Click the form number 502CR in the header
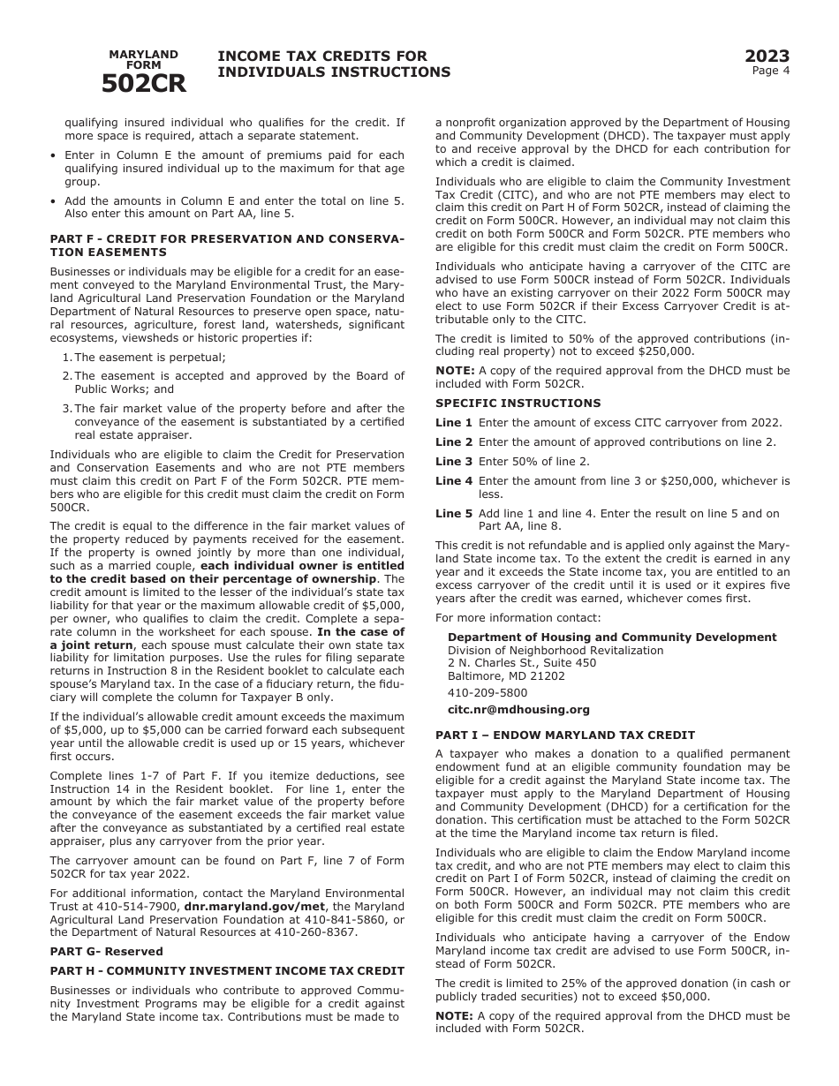point(143,84)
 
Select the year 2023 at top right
point(767,57)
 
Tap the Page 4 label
point(771,71)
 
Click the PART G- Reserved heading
point(106,951)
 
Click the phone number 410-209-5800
point(488,693)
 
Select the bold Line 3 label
point(454,461)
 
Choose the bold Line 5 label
point(454,513)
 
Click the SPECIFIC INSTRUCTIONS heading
point(518,403)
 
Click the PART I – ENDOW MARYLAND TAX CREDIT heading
point(565,735)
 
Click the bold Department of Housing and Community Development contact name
point(612,637)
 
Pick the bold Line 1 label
point(454,422)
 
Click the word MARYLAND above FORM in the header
point(143,55)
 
